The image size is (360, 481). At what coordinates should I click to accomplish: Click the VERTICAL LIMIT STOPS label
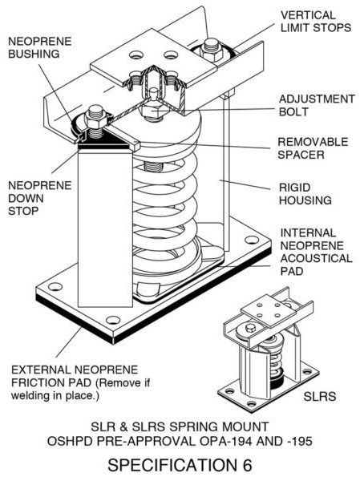tap(316, 22)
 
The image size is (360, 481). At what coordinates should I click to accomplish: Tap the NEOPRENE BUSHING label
tap(40, 47)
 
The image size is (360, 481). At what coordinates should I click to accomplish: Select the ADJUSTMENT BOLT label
tap(317, 105)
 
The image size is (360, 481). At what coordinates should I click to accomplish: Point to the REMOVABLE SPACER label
tap(313, 148)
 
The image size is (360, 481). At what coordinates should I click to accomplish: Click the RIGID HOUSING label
tap(305, 194)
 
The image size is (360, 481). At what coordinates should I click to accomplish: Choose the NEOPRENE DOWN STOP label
tap(40, 198)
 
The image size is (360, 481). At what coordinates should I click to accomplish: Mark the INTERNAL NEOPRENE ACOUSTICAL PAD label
tap(317, 252)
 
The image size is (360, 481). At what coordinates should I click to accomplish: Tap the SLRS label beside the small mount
tap(319, 396)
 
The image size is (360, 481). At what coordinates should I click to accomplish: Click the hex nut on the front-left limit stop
tap(95, 118)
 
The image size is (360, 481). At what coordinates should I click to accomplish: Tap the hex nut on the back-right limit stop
tap(211, 49)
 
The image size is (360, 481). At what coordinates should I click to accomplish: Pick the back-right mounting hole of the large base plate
tap(251, 240)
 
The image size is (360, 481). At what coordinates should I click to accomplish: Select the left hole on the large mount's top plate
tap(136, 55)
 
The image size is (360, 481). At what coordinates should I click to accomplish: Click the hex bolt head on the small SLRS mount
tap(251, 328)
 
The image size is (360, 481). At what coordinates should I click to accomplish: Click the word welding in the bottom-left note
tap(30, 395)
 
